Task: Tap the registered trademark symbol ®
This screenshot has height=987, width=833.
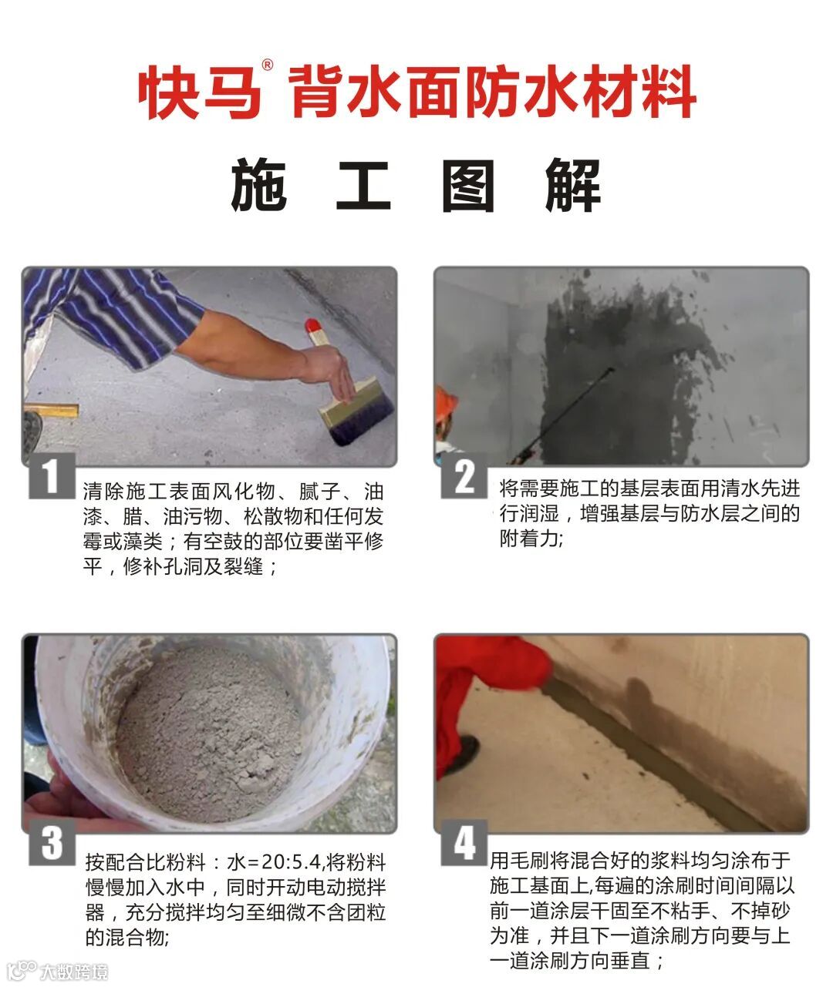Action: (268, 65)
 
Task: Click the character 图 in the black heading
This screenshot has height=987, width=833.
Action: (467, 185)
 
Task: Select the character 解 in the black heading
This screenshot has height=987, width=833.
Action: (572, 185)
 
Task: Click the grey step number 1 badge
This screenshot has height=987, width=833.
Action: (52, 475)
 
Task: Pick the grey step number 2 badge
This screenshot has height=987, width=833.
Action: (464, 475)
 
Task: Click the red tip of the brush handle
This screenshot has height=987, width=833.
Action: (312, 326)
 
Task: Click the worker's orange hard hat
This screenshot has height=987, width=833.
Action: (445, 405)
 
